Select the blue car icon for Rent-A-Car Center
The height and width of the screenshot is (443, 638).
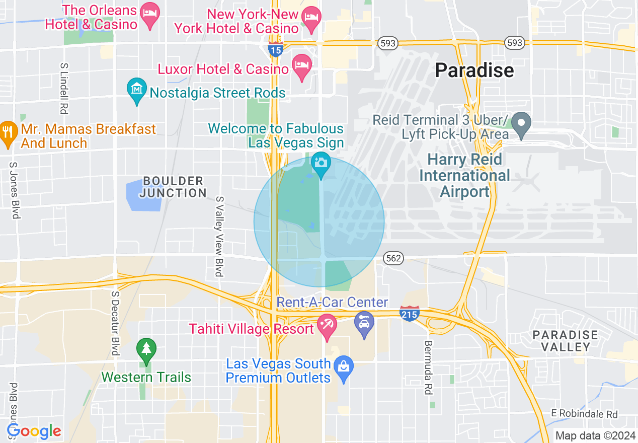[x=364, y=322]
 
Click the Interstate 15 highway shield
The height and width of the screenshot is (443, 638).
[x=275, y=49]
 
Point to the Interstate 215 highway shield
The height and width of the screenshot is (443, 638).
[x=410, y=314]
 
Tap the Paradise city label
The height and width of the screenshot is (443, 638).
[x=474, y=70]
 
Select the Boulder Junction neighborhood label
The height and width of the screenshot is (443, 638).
[x=173, y=187]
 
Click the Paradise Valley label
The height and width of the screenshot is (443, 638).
[x=565, y=341]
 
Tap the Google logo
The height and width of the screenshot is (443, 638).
[x=34, y=431]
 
